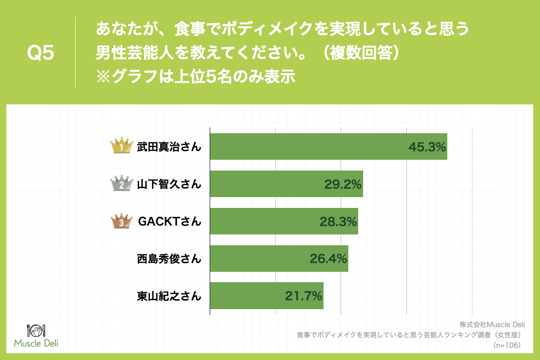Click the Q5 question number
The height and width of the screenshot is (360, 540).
[40, 53]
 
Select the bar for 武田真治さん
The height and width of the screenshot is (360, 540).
[328, 146]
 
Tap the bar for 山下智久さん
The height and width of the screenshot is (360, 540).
[286, 184]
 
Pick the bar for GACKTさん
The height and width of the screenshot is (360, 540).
[284, 221]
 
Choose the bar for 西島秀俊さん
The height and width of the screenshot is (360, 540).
[279, 258]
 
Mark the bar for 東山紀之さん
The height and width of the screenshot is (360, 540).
[266, 296]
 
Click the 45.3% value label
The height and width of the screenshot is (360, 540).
[427, 147]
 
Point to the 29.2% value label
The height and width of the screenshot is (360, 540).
[343, 184]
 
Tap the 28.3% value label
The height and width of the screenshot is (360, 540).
[338, 221]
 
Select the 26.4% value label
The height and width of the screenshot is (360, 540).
[328, 259]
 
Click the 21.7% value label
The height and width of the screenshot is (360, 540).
[303, 296]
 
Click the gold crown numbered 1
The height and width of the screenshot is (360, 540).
[122, 146]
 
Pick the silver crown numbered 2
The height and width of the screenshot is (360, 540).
[122, 184]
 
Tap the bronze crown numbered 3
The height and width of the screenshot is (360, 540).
[122, 221]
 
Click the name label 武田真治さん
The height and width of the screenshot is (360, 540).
[169, 147]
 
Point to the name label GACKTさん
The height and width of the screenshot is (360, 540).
[169, 221]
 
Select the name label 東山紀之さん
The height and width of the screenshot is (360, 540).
[169, 296]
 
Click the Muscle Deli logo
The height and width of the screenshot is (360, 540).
[36, 336]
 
